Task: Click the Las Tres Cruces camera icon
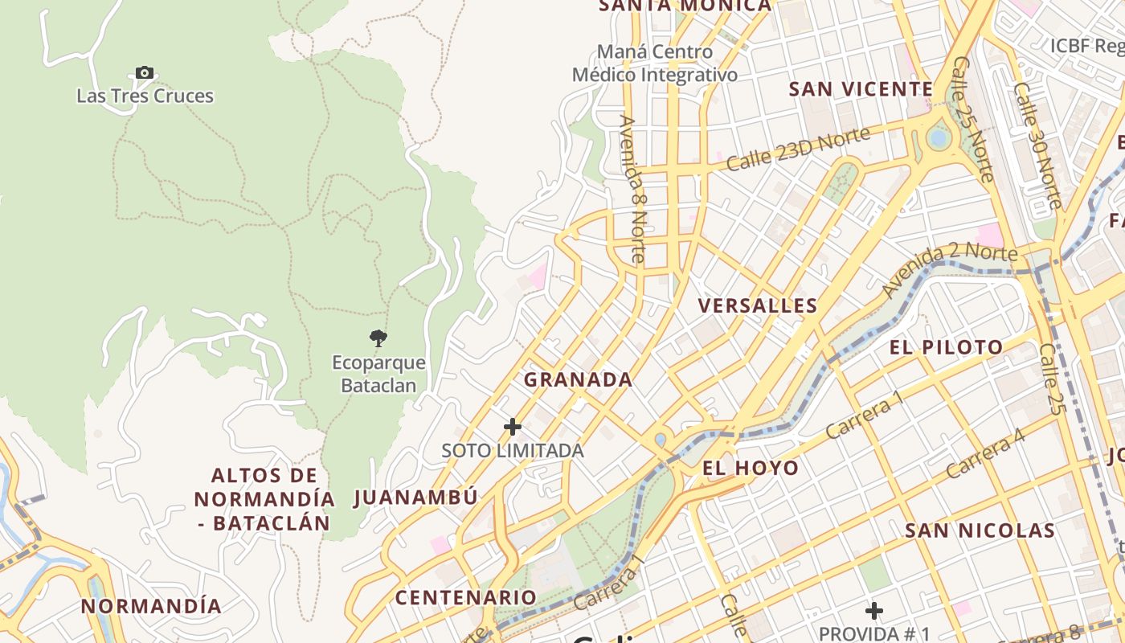click(145, 73)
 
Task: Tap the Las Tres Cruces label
click(145, 96)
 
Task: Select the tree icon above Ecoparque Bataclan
click(378, 338)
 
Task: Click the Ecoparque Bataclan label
click(378, 374)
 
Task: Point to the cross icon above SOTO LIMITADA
click(513, 426)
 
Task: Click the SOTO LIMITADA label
click(513, 451)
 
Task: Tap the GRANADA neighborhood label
click(579, 379)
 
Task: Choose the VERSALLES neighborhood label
click(758, 305)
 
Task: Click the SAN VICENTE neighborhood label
click(861, 88)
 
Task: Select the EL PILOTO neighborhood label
click(947, 347)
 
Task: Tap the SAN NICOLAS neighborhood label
click(980, 530)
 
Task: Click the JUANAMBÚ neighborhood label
click(416, 497)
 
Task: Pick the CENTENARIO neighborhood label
click(465, 597)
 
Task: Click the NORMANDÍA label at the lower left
click(152, 606)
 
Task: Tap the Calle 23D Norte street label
click(798, 149)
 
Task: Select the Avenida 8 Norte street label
click(633, 189)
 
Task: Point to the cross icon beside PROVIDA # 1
click(874, 611)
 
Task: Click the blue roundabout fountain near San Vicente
click(938, 138)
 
